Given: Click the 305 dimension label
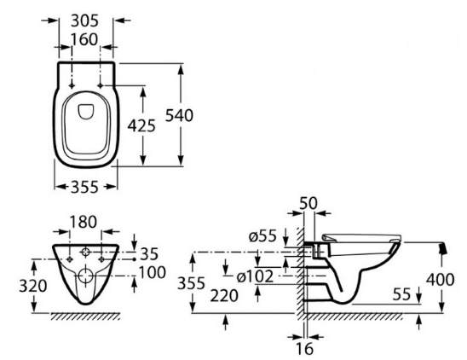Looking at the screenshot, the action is point(85,20).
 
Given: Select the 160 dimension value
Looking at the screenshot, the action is point(84,40).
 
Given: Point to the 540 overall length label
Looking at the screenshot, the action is point(179,115).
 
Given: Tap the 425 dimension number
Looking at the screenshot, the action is point(141,125).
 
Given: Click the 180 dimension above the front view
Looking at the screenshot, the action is point(84,222).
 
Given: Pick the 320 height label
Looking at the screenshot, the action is point(33,286).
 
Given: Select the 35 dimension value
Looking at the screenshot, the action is point(149,254).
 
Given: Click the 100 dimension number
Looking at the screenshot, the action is point(153,273).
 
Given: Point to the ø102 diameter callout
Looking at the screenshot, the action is point(255,276).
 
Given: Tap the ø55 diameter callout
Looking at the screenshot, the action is point(262,236).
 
